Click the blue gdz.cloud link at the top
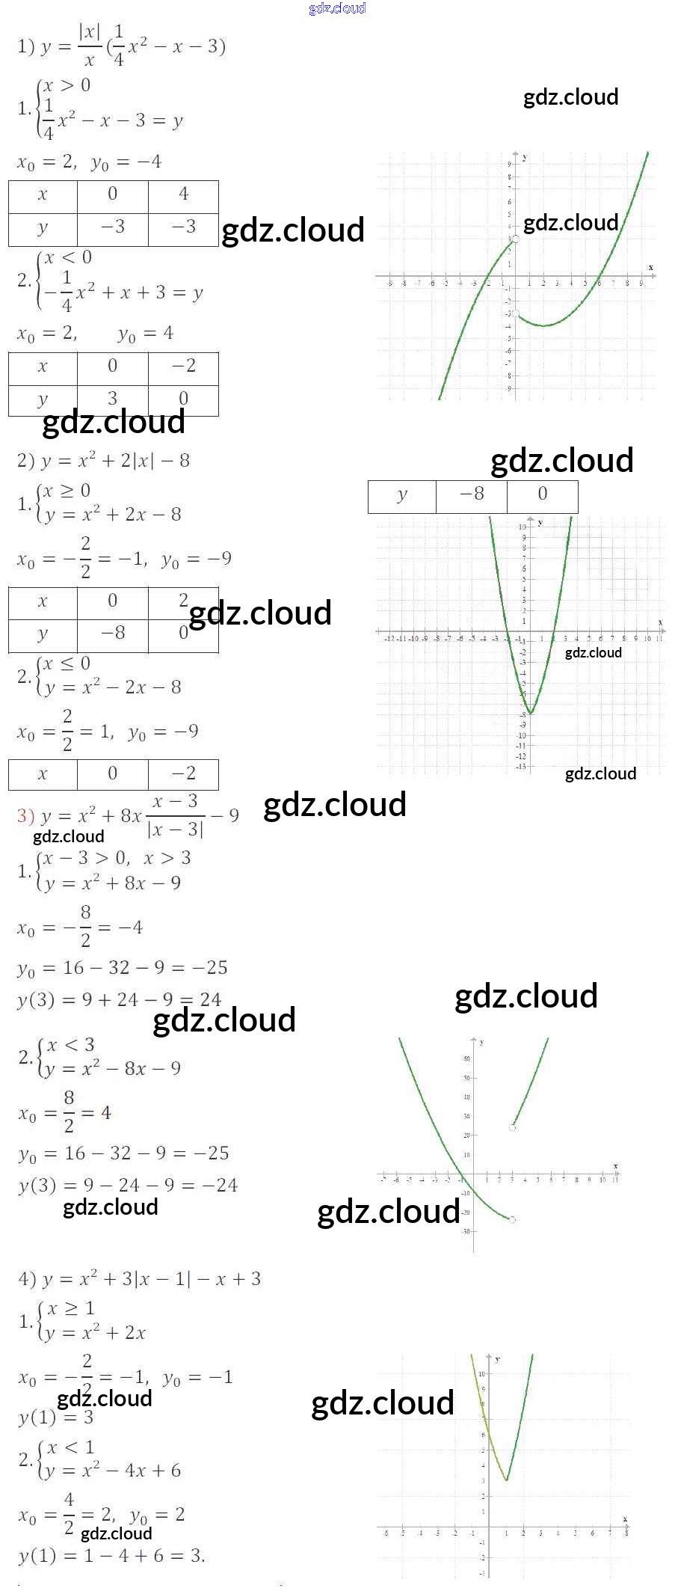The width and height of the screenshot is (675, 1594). coord(337,8)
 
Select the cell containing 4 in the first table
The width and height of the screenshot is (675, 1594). coord(183,194)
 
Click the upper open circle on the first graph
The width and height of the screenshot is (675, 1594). coord(515,239)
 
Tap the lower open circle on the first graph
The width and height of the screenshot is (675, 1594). coord(515,313)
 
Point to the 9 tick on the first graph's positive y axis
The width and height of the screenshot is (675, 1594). coord(510,164)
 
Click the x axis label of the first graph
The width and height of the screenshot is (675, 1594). coord(650,267)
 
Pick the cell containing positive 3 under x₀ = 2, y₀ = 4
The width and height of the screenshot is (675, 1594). coord(112,398)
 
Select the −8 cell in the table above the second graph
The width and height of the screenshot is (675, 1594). coord(472,494)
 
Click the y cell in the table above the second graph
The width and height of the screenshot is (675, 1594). coord(402,494)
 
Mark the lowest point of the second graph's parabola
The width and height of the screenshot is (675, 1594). coord(530,713)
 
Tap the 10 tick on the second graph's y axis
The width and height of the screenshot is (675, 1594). coord(523,527)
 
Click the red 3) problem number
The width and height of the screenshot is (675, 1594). coord(25,815)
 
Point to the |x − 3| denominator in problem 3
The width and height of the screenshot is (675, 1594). coord(175,830)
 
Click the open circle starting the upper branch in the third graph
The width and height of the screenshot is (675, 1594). coord(513,1127)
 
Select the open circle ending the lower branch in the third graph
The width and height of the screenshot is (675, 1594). coord(512,1219)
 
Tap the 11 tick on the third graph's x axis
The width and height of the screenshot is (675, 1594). coord(615,1180)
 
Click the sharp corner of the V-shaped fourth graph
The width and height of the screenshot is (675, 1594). coord(506,1480)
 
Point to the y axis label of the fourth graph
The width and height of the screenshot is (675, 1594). coord(498,1358)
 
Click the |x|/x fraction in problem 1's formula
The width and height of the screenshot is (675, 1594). coord(89,45)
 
